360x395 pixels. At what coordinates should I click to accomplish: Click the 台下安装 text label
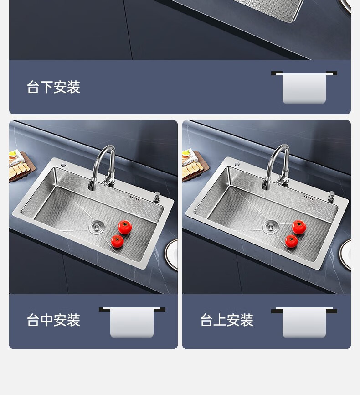(53, 87)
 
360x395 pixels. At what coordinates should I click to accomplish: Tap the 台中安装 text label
(53, 320)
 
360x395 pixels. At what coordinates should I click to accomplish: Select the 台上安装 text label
(226, 320)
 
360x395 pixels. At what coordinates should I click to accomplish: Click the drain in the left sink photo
(96, 227)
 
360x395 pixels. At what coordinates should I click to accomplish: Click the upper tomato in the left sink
(125, 227)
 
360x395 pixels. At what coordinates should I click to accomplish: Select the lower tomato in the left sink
(117, 241)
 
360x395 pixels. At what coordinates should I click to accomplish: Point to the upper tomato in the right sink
(299, 227)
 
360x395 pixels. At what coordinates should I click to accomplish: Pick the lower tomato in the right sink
(292, 241)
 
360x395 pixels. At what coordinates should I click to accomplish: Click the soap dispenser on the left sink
(157, 197)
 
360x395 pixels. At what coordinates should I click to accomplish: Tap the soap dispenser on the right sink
(331, 196)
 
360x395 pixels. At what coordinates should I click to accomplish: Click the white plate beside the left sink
(172, 255)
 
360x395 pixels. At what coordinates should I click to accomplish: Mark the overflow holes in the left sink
(134, 198)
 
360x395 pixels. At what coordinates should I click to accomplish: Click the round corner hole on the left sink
(63, 165)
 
